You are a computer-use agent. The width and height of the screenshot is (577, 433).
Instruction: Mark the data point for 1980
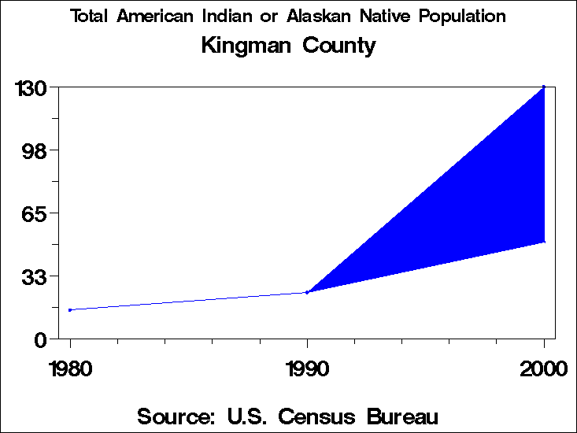click(70, 310)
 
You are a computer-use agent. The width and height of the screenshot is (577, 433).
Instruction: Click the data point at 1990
click(307, 292)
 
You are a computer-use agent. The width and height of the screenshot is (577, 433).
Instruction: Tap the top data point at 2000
click(544, 87)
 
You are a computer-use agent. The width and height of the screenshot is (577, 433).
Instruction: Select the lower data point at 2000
click(544, 242)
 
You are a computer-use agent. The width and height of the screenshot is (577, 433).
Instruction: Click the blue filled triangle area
click(472, 205)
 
